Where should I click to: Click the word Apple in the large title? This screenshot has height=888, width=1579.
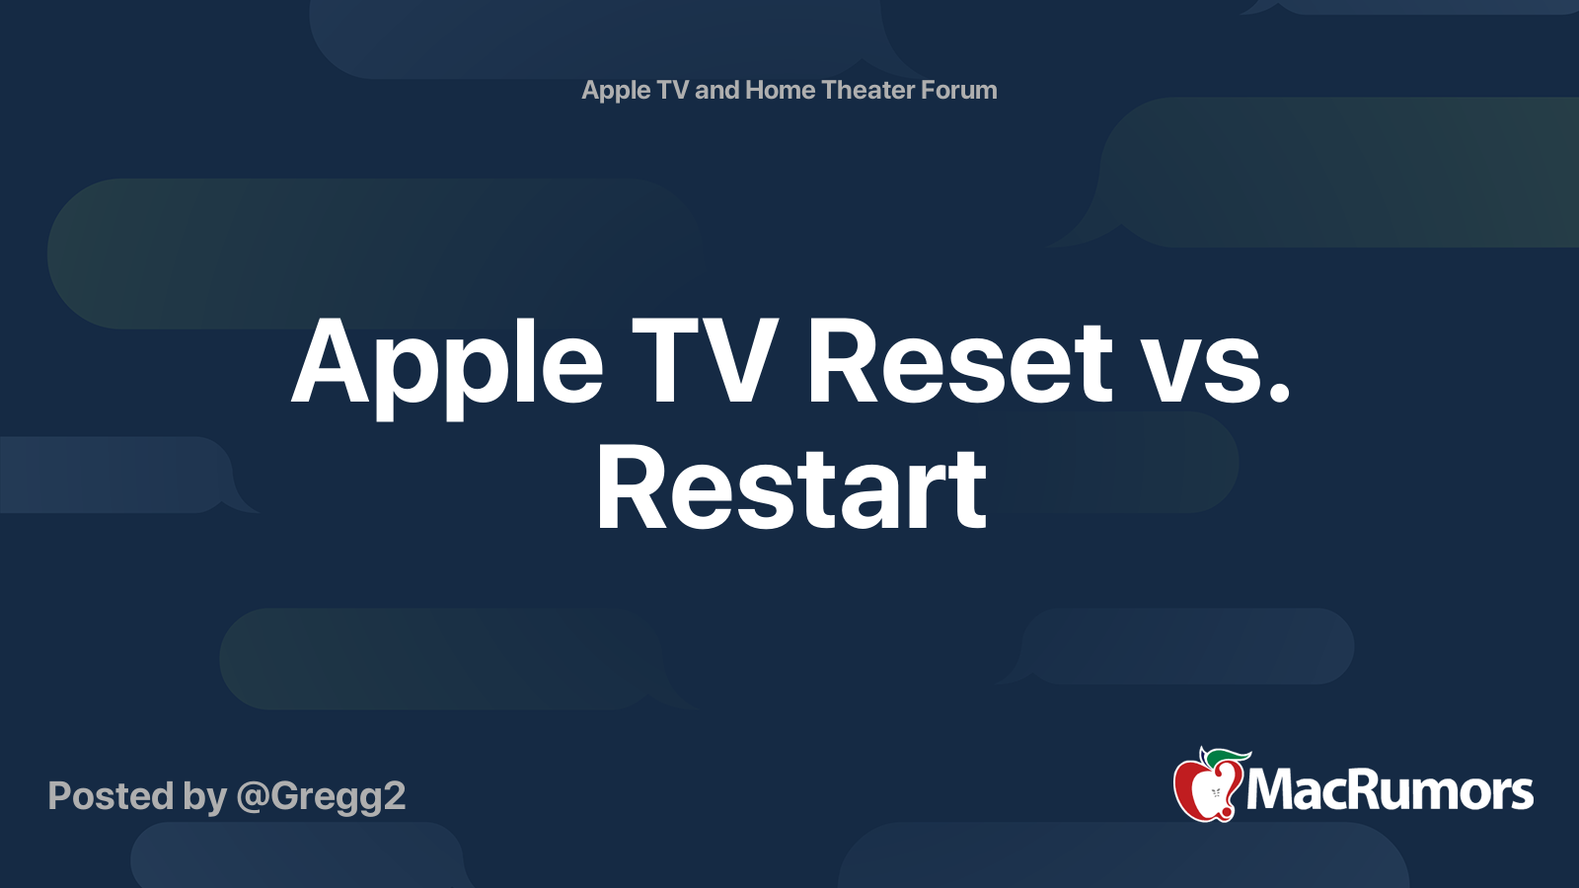(x=447, y=363)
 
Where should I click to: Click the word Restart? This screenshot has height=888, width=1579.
(x=790, y=488)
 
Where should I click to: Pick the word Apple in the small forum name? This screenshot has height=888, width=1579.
(x=616, y=91)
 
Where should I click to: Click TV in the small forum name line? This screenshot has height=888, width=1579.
(x=672, y=90)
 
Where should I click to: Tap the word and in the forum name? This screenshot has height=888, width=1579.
(x=716, y=90)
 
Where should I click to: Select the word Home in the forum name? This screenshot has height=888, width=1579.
(x=780, y=90)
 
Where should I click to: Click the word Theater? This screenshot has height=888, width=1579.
(x=868, y=90)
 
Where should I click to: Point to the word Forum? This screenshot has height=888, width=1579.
(x=958, y=90)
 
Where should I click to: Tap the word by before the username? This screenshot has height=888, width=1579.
(x=204, y=797)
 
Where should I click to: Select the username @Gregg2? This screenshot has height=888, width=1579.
(x=321, y=797)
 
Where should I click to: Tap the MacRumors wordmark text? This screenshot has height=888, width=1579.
(x=1390, y=790)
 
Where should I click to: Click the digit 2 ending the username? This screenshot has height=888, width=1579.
(x=394, y=796)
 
